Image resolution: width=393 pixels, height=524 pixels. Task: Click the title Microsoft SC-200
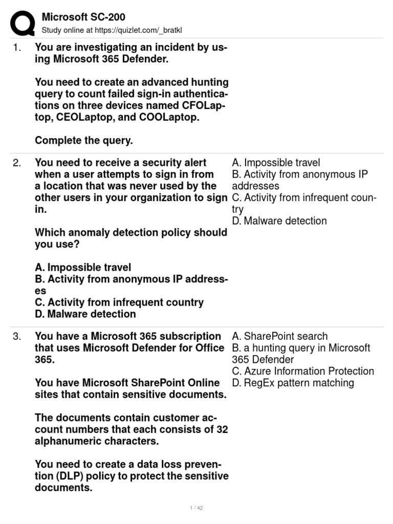pos(83,17)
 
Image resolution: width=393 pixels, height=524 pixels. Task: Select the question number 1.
pos(16,48)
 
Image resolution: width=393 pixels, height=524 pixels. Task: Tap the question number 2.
pos(17,163)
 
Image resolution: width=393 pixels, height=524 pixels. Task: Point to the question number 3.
pos(17,336)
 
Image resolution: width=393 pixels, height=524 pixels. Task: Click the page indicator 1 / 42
pos(196,508)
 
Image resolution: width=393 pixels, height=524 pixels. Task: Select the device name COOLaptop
pos(172,117)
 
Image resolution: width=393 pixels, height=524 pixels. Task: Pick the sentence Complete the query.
pos(84,140)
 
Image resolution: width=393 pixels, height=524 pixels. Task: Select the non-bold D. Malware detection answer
pos(279,221)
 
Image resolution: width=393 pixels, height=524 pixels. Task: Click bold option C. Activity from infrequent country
pos(119,302)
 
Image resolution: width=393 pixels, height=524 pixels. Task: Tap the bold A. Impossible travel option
pos(83,268)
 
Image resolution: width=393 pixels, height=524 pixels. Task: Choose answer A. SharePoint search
pos(279,336)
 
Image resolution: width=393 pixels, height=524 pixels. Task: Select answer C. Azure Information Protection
pos(302,371)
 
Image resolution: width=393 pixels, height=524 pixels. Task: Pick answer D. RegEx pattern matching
pos(293,383)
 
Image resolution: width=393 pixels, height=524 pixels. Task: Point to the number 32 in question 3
pos(222,429)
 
